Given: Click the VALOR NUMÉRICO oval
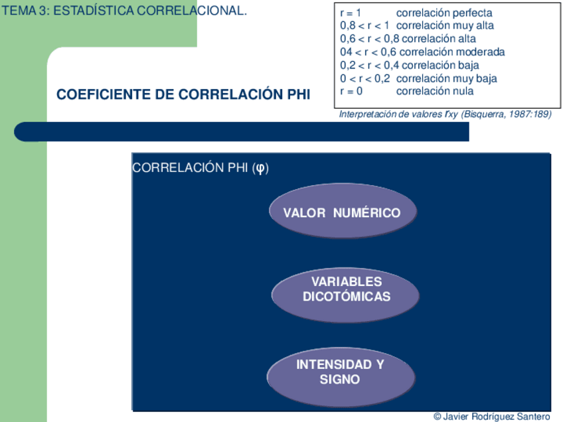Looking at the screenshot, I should tap(343, 213).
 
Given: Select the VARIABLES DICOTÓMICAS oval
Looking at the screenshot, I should tap(346, 289).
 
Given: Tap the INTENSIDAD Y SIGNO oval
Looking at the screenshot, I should tap(340, 372).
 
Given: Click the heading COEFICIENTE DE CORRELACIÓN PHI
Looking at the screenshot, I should tap(183, 95).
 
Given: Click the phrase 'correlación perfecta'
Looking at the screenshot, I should tap(443, 13).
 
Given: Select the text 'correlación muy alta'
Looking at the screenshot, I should tap(444, 26).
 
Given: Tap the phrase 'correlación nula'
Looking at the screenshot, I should tap(435, 91).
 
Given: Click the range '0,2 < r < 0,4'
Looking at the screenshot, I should tap(370, 65).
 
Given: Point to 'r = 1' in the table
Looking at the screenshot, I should tap(351, 13).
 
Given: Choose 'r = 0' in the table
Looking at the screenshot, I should tap(351, 91).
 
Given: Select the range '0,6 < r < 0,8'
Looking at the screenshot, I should tap(370, 39).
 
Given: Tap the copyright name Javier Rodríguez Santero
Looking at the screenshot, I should tap(497, 416).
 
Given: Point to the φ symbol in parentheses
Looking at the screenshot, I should tap(262, 168).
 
